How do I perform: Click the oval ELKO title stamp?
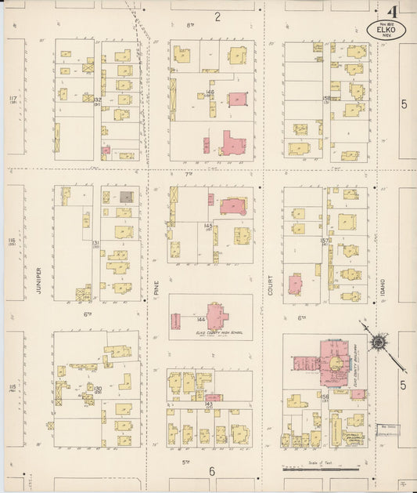(386, 31)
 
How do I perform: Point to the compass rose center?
(379, 341)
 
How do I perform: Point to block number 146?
(210, 92)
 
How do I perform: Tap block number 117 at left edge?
(13, 100)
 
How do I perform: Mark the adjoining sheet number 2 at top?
(218, 16)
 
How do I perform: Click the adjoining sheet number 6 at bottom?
(211, 470)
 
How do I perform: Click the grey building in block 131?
(126, 197)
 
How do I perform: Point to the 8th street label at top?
(189, 25)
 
